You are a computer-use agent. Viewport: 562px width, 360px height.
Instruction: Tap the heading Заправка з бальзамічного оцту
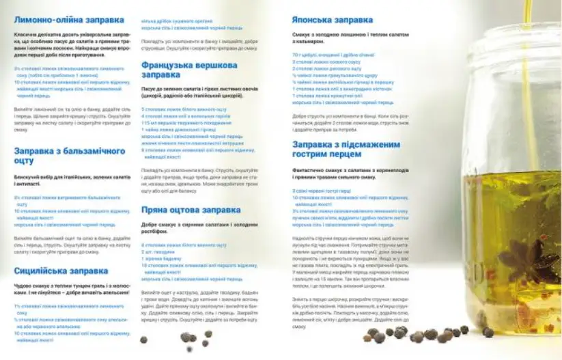click(x=70, y=156)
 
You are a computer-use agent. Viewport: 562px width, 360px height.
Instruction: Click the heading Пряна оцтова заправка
click(x=191, y=210)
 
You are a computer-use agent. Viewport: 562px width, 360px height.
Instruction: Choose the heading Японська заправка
click(x=332, y=20)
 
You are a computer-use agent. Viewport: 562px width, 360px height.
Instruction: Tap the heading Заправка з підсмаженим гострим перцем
click(x=346, y=150)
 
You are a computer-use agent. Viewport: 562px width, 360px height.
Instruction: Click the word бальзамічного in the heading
click(x=94, y=151)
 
